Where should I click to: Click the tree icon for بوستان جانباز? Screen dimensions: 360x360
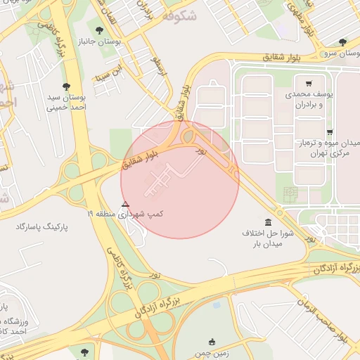pyautogui.click(x=98, y=30)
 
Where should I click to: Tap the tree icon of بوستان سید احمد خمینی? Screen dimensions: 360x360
pyautogui.click(x=67, y=86)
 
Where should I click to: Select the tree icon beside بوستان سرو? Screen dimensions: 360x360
pyautogui.click(x=342, y=42)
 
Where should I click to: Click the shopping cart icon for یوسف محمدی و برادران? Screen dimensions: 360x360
pyautogui.click(x=309, y=82)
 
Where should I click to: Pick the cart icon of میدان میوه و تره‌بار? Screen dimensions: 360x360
pyautogui.click(x=329, y=132)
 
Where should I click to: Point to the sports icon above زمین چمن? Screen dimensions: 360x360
pyautogui.click(x=213, y=341)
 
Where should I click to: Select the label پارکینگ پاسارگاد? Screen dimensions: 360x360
pyautogui.click(x=44, y=227)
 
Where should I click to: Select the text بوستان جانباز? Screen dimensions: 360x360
pyautogui.click(x=116, y=42)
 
